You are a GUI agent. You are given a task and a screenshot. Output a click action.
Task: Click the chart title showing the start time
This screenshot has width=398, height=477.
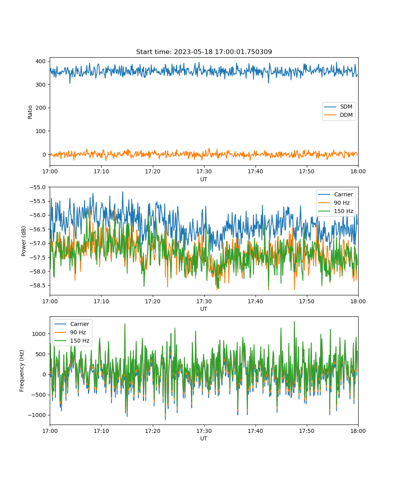coord(204,52)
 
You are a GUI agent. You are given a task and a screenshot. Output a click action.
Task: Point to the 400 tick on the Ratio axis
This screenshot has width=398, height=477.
coord(41,61)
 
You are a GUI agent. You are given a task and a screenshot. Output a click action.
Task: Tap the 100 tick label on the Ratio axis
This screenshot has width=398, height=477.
coord(41,131)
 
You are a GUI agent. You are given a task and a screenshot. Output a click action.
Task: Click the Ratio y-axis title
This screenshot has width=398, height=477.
coord(30,112)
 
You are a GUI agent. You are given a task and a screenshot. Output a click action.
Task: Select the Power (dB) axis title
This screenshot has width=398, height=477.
coord(23,241)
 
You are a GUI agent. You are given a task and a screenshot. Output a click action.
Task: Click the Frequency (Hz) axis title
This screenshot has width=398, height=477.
coord(22,370)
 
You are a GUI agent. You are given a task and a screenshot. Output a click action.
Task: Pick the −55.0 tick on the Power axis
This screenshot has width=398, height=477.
coord(37,187)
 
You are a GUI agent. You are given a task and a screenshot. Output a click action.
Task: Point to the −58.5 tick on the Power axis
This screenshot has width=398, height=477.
coord(37,285)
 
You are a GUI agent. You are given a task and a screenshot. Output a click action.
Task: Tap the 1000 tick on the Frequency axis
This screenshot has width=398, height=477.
coord(39,334)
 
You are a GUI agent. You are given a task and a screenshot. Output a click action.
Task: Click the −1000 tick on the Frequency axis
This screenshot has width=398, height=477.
coord(37,415)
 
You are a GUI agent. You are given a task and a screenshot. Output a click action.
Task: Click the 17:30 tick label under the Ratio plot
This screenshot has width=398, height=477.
coord(204,171)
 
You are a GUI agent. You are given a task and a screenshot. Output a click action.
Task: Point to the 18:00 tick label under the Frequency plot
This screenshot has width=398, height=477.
coord(358,431)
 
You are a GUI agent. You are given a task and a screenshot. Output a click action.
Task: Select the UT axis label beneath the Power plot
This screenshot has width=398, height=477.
coord(203,309)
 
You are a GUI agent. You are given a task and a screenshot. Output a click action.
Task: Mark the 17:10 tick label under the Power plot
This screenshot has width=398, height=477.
coord(101,301)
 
